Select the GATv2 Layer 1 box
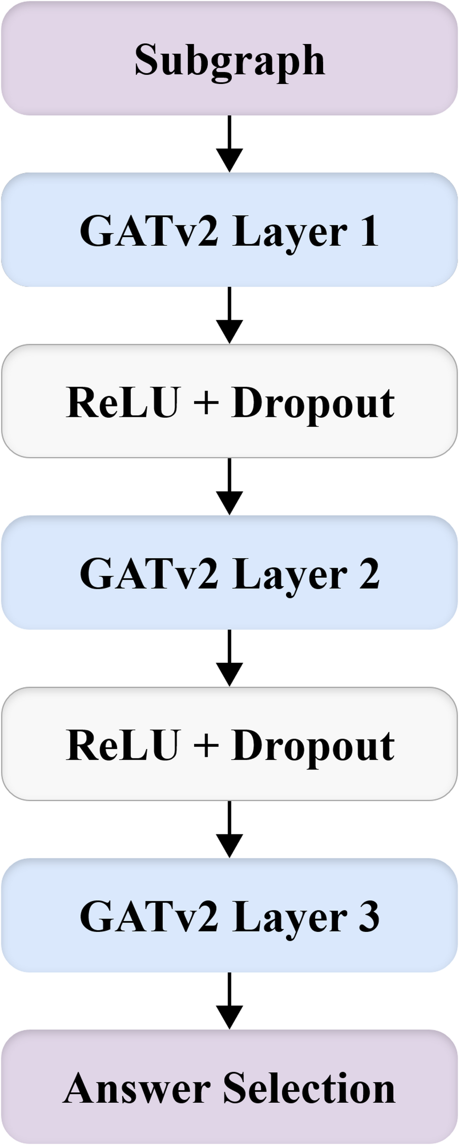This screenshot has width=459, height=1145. [x=229, y=230]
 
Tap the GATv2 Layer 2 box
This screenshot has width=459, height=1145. [x=229, y=572]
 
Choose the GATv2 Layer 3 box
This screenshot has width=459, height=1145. [x=229, y=915]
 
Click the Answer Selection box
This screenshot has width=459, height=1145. [x=229, y=1087]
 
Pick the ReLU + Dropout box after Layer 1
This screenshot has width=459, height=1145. [x=229, y=401]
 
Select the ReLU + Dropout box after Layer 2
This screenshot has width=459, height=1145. [x=229, y=744]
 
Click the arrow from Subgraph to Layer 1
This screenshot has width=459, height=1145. [x=229, y=143]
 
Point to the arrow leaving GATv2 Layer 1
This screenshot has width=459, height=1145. [x=229, y=315]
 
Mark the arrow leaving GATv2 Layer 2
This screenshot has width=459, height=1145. [x=229, y=658]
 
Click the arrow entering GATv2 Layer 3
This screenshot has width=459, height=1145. [x=229, y=829]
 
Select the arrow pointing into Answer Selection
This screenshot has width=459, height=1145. [x=229, y=1001]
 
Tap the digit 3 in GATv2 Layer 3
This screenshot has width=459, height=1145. [x=369, y=916]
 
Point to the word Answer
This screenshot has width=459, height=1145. [x=137, y=1088]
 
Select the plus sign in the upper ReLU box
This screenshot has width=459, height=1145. [x=205, y=403]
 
